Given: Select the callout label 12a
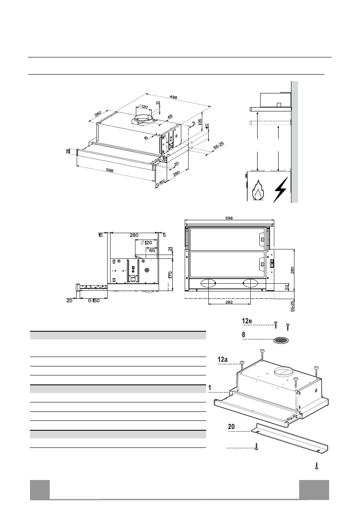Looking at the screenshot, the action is pyautogui.click(x=223, y=361).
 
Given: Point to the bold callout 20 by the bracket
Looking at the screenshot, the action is pyautogui.click(x=231, y=427).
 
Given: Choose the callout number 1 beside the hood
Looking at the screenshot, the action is pyautogui.click(x=210, y=388).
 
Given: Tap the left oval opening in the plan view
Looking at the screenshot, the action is pyautogui.click(x=209, y=283).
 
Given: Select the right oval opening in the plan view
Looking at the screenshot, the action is pyautogui.click(x=251, y=283).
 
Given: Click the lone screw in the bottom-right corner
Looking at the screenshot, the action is pyautogui.click(x=317, y=465).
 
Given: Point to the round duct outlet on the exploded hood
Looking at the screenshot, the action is pyautogui.click(x=283, y=371).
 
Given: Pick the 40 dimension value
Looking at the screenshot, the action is pyautogui.click(x=207, y=127).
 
